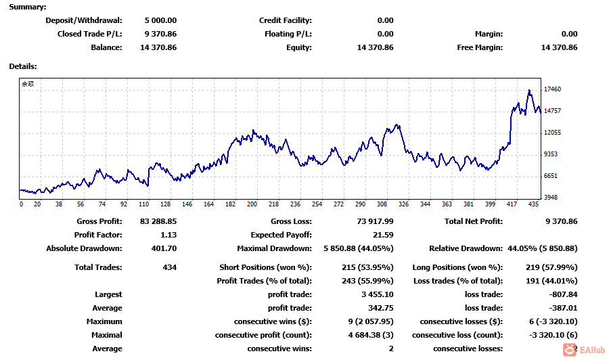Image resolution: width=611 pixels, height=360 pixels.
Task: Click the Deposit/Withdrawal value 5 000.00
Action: pos(160,20)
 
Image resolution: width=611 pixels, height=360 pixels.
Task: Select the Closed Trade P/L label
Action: pos(90,34)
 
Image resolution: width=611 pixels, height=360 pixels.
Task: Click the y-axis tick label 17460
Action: pos(553,89)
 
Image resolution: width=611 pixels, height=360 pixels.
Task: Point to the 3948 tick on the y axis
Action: pos(551,198)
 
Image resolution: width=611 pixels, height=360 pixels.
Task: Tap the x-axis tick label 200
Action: pos(252,204)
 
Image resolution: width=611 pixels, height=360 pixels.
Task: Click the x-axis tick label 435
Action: pos(533,204)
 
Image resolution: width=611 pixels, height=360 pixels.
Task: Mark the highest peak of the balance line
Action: pos(529,90)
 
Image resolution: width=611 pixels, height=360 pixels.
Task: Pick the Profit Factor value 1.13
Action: pos(167,235)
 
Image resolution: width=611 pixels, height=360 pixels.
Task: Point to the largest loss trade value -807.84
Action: pos(563,294)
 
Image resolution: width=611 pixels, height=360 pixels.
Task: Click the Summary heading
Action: pos(28,7)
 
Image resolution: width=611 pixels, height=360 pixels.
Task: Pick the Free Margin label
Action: pos(480,47)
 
